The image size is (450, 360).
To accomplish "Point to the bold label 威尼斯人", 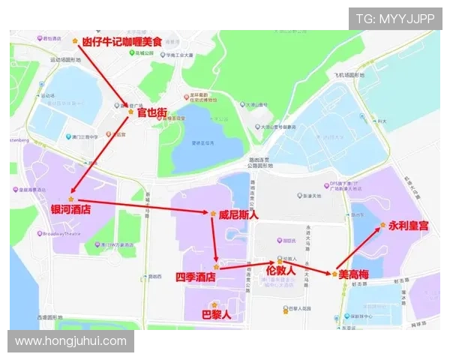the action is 238,214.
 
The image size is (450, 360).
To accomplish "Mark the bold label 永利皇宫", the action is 409,225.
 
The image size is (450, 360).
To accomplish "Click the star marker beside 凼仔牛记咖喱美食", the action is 74,40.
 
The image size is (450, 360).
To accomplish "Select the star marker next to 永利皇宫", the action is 382,225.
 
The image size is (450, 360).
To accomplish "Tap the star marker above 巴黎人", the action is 214,304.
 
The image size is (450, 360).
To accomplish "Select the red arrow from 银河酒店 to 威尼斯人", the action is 142,205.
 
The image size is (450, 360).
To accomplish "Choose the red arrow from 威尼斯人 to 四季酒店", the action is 215,240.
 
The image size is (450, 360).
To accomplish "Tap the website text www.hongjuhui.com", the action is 71,341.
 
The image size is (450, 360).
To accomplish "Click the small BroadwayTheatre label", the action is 58,233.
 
